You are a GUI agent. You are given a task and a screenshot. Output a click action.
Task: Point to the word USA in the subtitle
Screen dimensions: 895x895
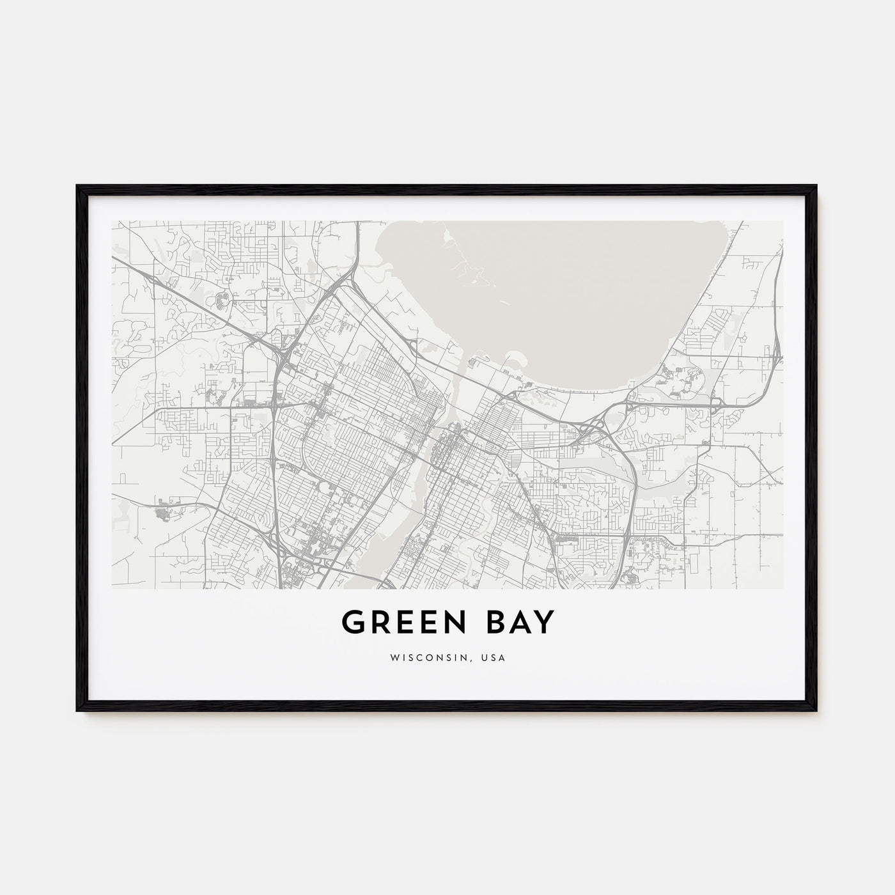click(494, 657)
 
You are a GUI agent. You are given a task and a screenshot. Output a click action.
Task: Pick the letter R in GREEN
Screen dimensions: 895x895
click(380, 622)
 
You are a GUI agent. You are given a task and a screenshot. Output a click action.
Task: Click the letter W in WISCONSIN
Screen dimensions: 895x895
click(393, 657)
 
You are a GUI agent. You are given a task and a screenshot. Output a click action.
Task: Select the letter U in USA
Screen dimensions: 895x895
click(486, 657)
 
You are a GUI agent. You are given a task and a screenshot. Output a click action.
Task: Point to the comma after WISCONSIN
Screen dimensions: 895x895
click(476, 660)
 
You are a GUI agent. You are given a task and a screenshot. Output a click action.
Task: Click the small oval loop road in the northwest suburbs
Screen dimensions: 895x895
click(223, 297)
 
